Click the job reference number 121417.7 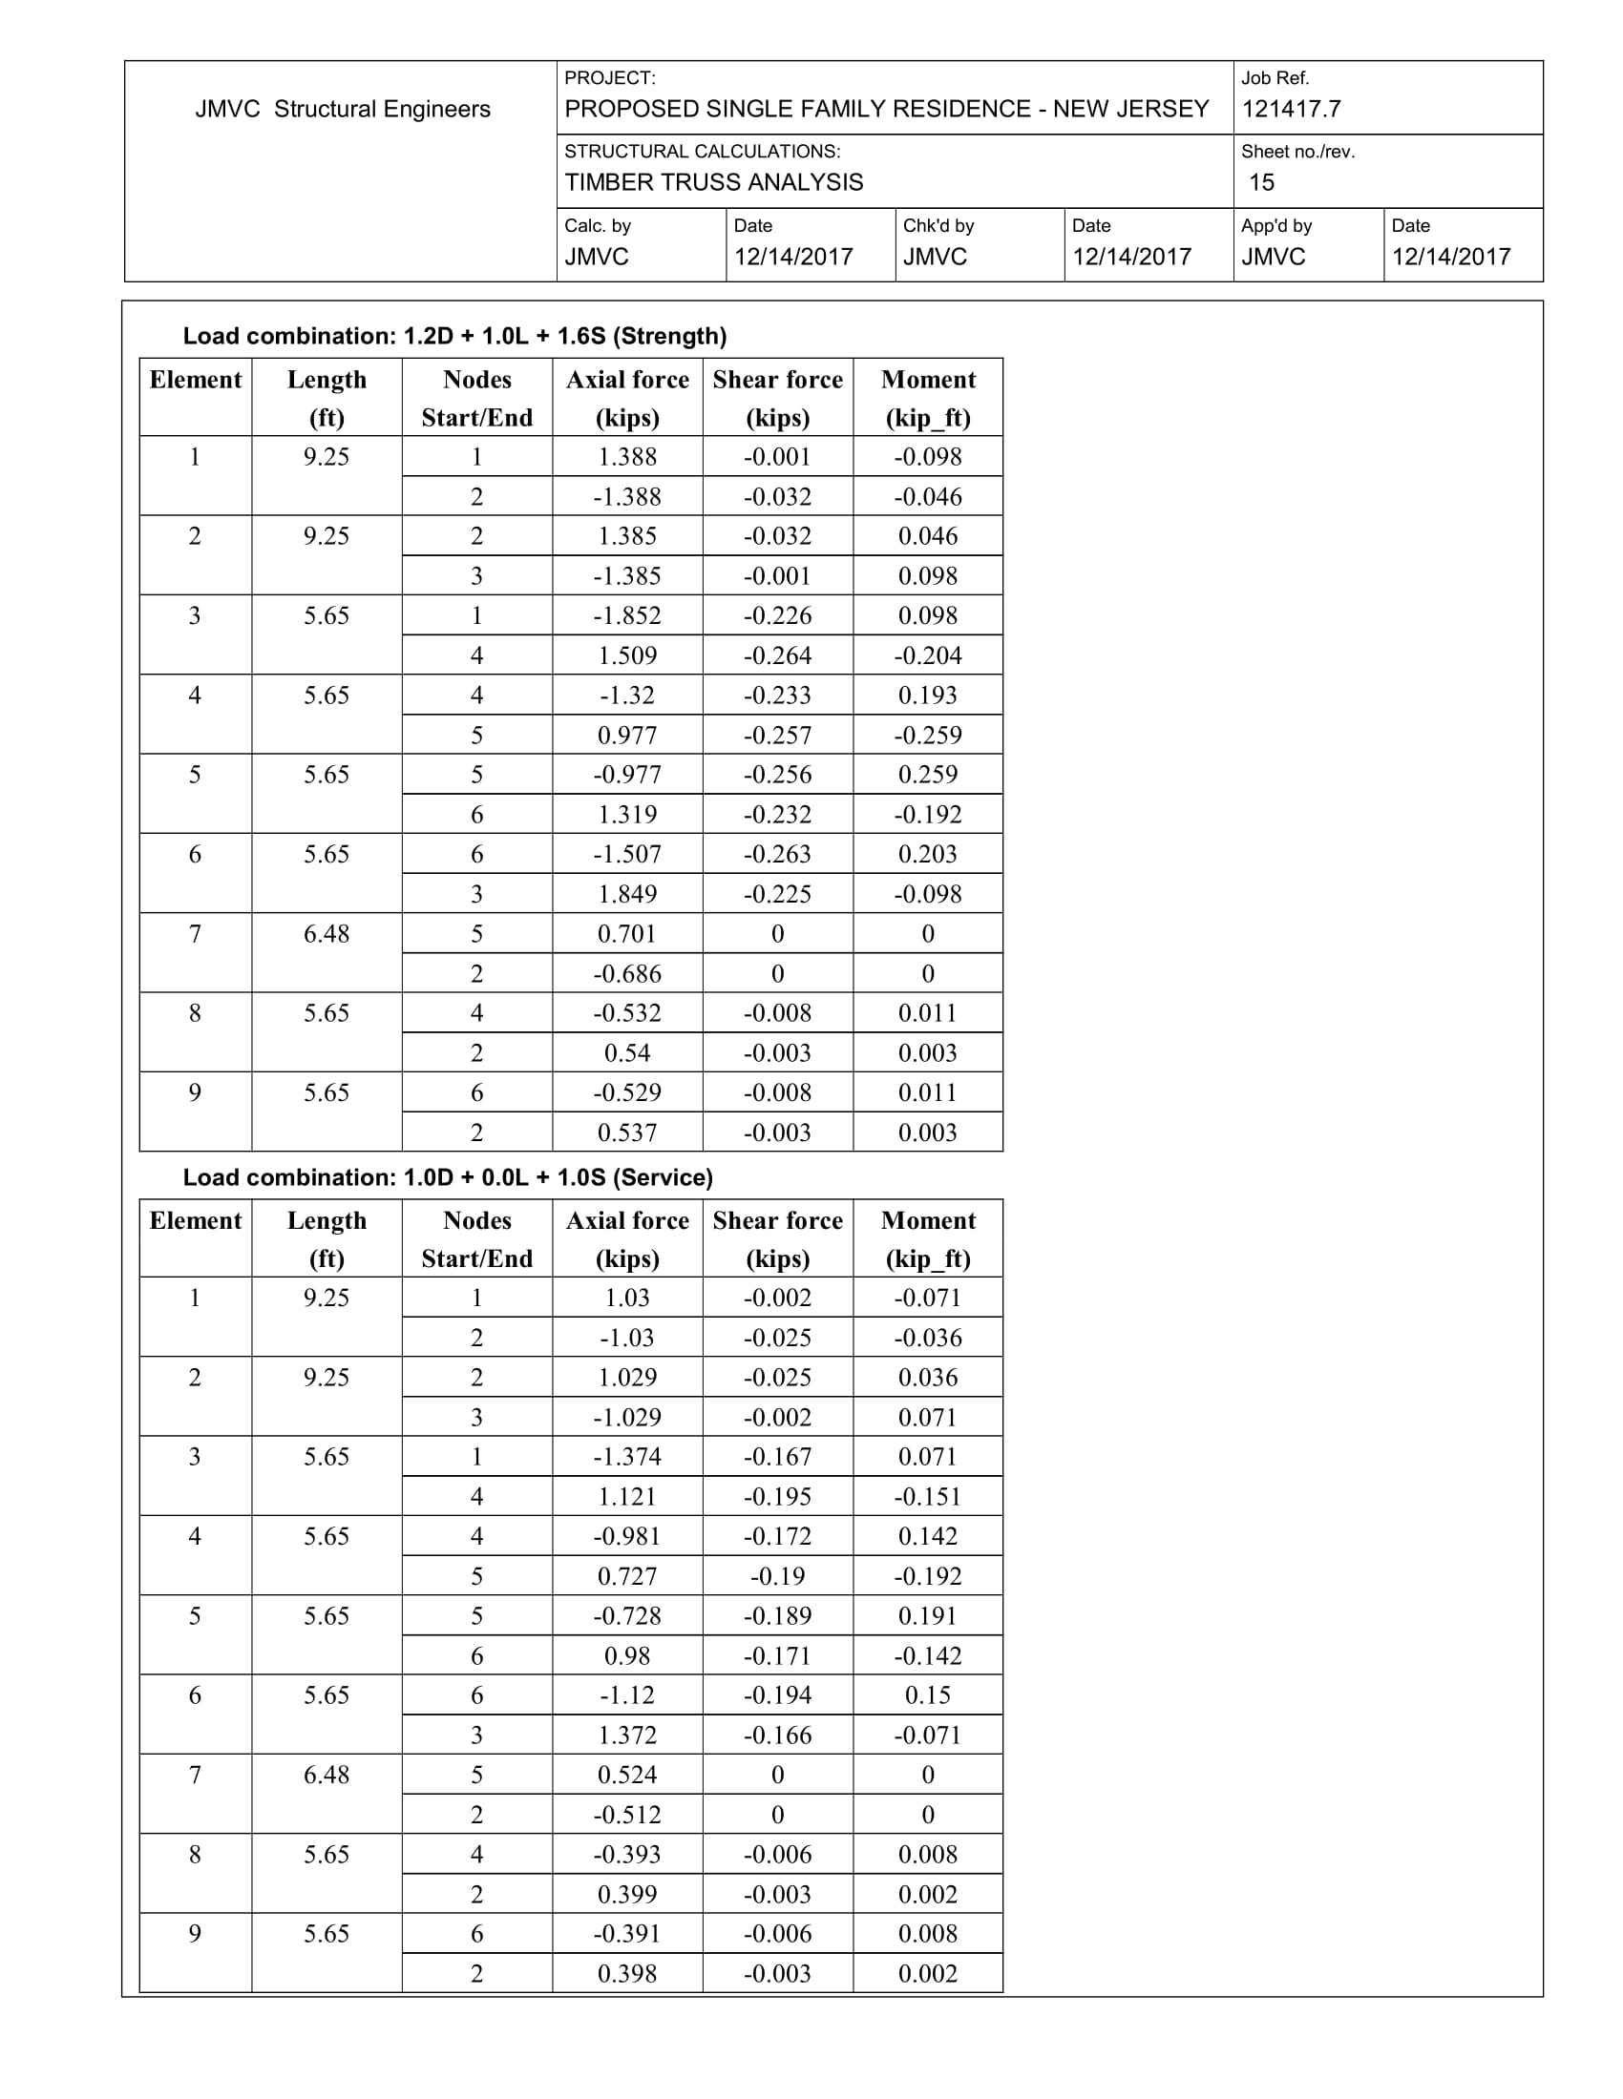pos(1291,109)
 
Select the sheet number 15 pos(1260,181)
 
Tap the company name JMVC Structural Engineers pos(343,109)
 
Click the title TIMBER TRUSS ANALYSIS pos(713,181)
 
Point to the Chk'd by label pos(938,225)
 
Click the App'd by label pos(1275,225)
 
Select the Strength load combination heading pos(453,336)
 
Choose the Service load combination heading pos(447,1176)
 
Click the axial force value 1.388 pos(627,456)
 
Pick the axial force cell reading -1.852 pos(627,615)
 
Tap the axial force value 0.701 pos(627,933)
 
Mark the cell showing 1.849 pos(627,894)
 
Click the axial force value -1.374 pos(627,1456)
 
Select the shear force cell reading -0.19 pos(777,1575)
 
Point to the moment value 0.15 pos(927,1694)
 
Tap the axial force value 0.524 pos(627,1775)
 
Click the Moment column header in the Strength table pos(927,397)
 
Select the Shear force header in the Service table pos(777,1237)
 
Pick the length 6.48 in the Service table pos(326,1775)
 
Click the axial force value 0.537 pos(627,1133)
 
